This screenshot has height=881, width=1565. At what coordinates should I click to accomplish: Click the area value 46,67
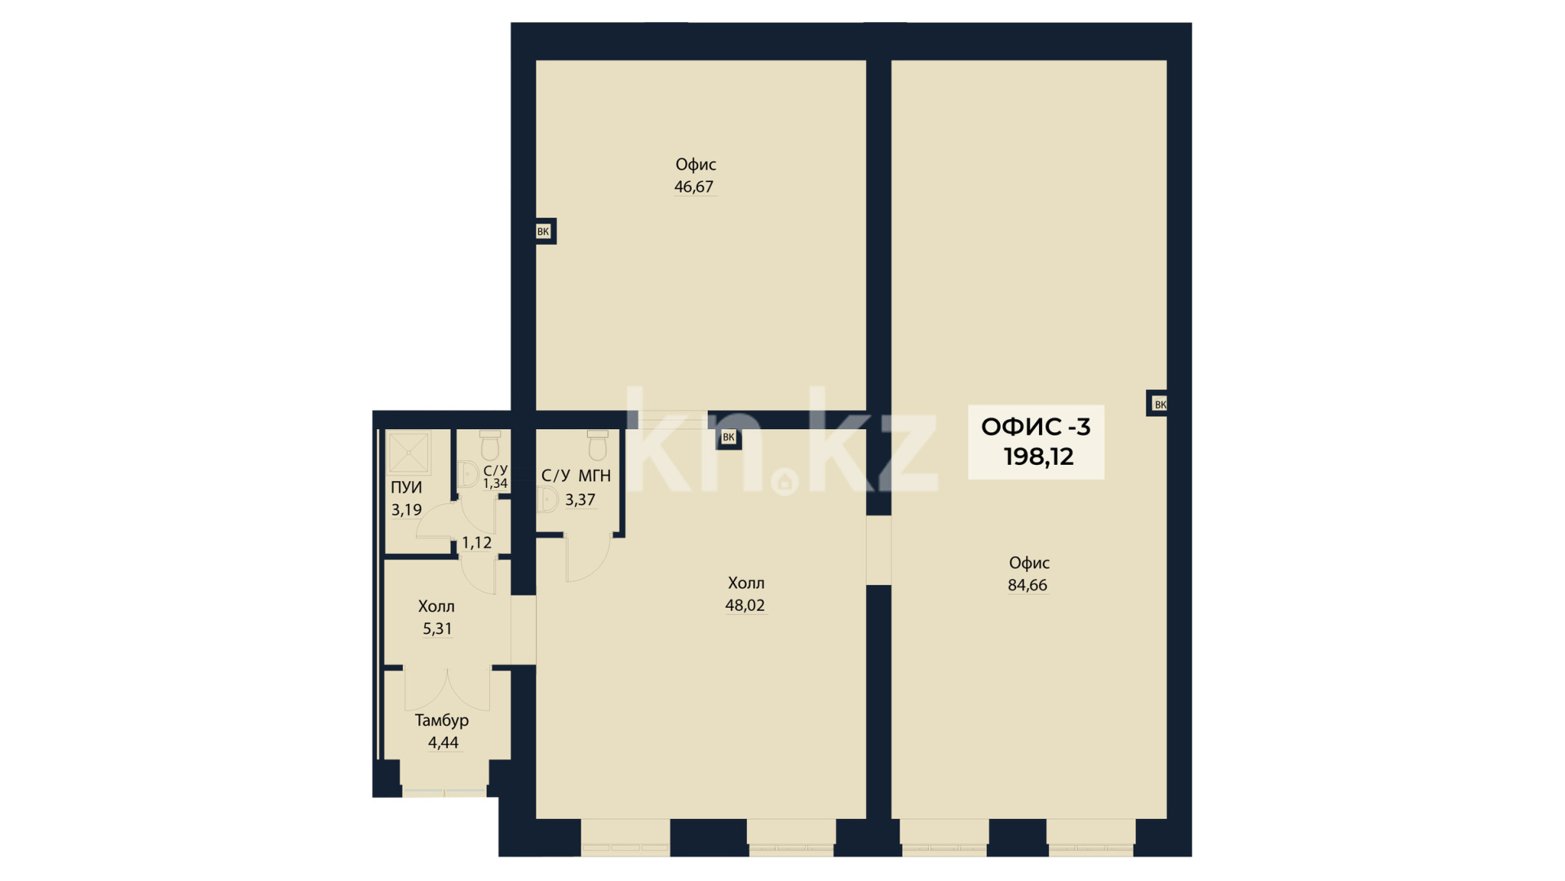pyautogui.click(x=694, y=187)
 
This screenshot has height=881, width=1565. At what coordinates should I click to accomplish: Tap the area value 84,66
pyautogui.click(x=1028, y=585)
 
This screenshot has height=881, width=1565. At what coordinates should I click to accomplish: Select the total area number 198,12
pyautogui.click(x=1038, y=457)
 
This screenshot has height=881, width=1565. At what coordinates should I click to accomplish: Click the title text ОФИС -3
pyautogui.click(x=1036, y=427)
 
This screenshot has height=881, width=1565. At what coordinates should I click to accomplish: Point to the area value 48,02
pyautogui.click(x=745, y=605)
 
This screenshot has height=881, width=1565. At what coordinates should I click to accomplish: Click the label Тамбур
pyautogui.click(x=442, y=720)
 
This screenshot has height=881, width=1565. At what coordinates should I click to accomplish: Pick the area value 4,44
pyautogui.click(x=444, y=742)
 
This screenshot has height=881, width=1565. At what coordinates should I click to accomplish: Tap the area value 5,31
pyautogui.click(x=437, y=628)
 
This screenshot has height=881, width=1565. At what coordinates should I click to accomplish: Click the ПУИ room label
pyautogui.click(x=406, y=487)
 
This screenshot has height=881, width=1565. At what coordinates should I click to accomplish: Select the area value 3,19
pyautogui.click(x=406, y=510)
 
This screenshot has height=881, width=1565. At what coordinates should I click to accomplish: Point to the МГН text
pyautogui.click(x=595, y=476)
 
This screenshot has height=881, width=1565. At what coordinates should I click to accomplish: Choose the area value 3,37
pyautogui.click(x=580, y=499)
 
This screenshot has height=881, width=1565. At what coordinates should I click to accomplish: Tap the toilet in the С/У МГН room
pyautogui.click(x=598, y=445)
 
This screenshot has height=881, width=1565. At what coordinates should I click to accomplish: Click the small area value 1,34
pyautogui.click(x=495, y=483)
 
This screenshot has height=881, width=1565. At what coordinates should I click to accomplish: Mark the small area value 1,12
pyautogui.click(x=477, y=542)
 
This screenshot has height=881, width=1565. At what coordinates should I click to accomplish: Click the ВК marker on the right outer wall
pyautogui.click(x=1160, y=404)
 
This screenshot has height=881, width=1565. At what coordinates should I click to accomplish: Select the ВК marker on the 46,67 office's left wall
pyautogui.click(x=543, y=232)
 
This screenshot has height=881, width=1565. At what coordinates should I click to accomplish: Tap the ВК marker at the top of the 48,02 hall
pyautogui.click(x=728, y=437)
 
